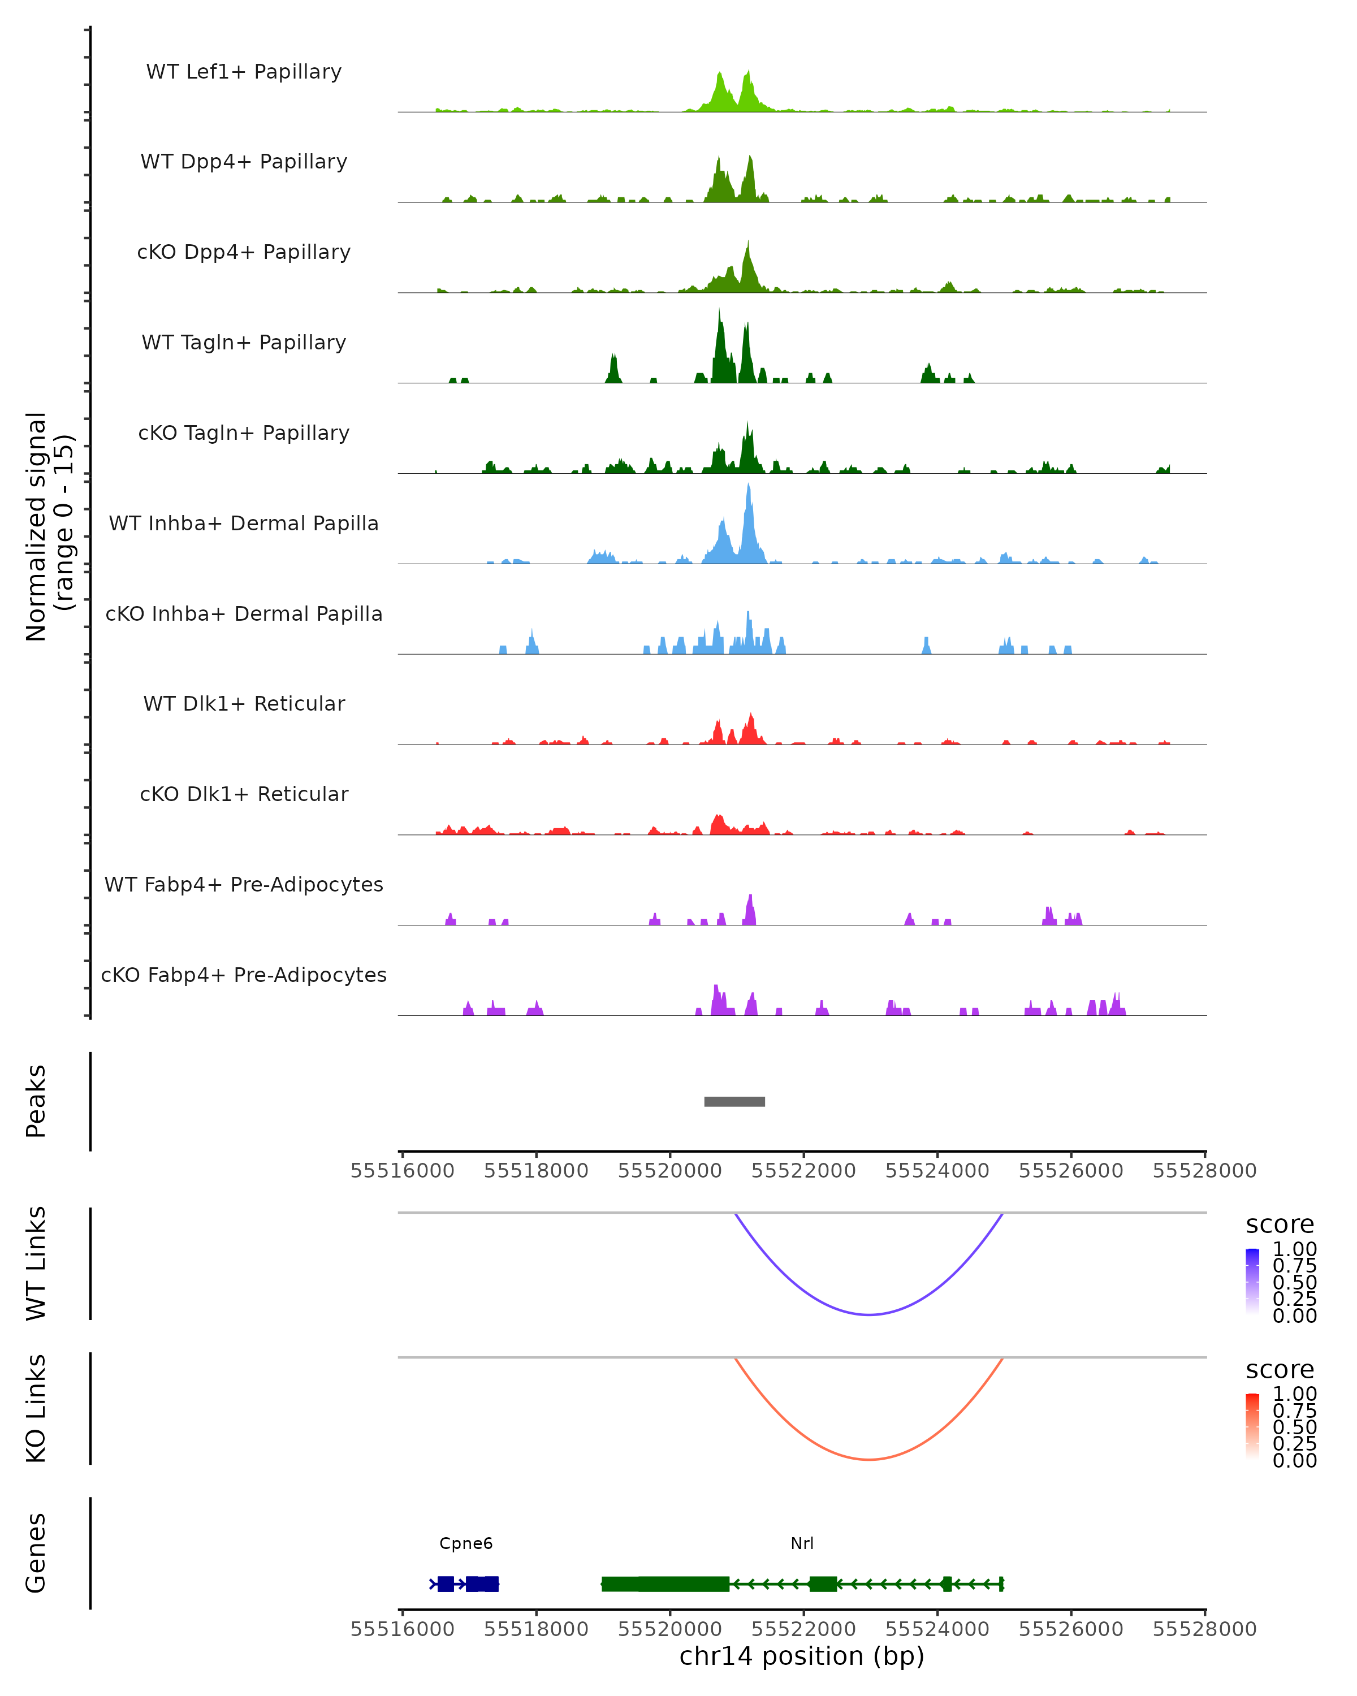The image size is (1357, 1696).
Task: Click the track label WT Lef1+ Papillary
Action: point(244,72)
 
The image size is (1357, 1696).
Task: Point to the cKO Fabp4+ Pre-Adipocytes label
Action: point(244,975)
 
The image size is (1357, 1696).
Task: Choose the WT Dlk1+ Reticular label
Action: point(244,703)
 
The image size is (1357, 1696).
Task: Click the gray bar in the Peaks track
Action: point(734,1101)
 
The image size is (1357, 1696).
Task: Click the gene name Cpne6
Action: point(466,1543)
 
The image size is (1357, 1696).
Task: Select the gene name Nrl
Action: point(802,1543)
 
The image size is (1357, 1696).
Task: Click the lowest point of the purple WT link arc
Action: point(868,1314)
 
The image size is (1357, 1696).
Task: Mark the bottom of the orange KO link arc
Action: point(868,1459)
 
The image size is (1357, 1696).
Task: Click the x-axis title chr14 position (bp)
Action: point(802,1656)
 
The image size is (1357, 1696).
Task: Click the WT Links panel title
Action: point(36,1262)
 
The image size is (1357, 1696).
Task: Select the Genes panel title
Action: point(36,1553)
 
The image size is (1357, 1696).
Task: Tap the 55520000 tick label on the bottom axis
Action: point(669,1628)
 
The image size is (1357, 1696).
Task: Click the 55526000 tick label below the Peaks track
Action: point(1071,1171)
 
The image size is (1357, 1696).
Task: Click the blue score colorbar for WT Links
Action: point(1252,1280)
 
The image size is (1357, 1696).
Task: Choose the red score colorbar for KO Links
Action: point(1252,1425)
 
